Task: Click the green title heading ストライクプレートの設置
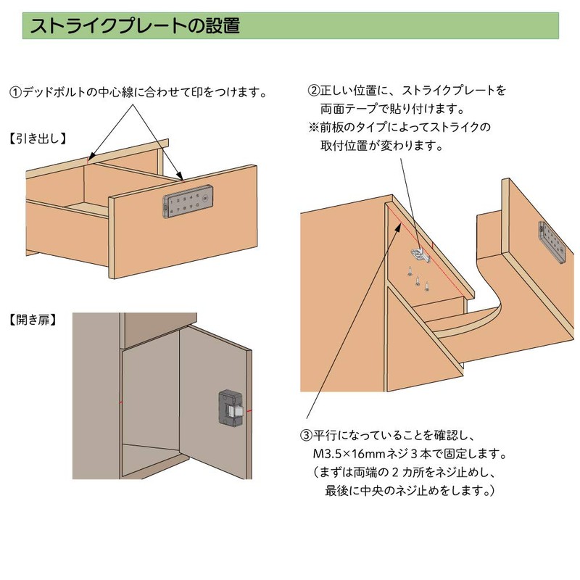(135, 26)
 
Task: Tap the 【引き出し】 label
(38, 138)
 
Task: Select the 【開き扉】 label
(33, 320)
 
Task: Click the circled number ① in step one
(15, 92)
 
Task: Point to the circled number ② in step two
(314, 91)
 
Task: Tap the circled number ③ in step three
(306, 435)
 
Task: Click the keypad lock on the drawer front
(188, 202)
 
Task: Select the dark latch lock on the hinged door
(231, 407)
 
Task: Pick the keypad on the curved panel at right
(552, 242)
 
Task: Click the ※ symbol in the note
(314, 128)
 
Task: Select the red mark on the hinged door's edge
(249, 410)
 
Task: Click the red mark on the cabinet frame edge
(120, 402)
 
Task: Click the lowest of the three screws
(427, 286)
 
